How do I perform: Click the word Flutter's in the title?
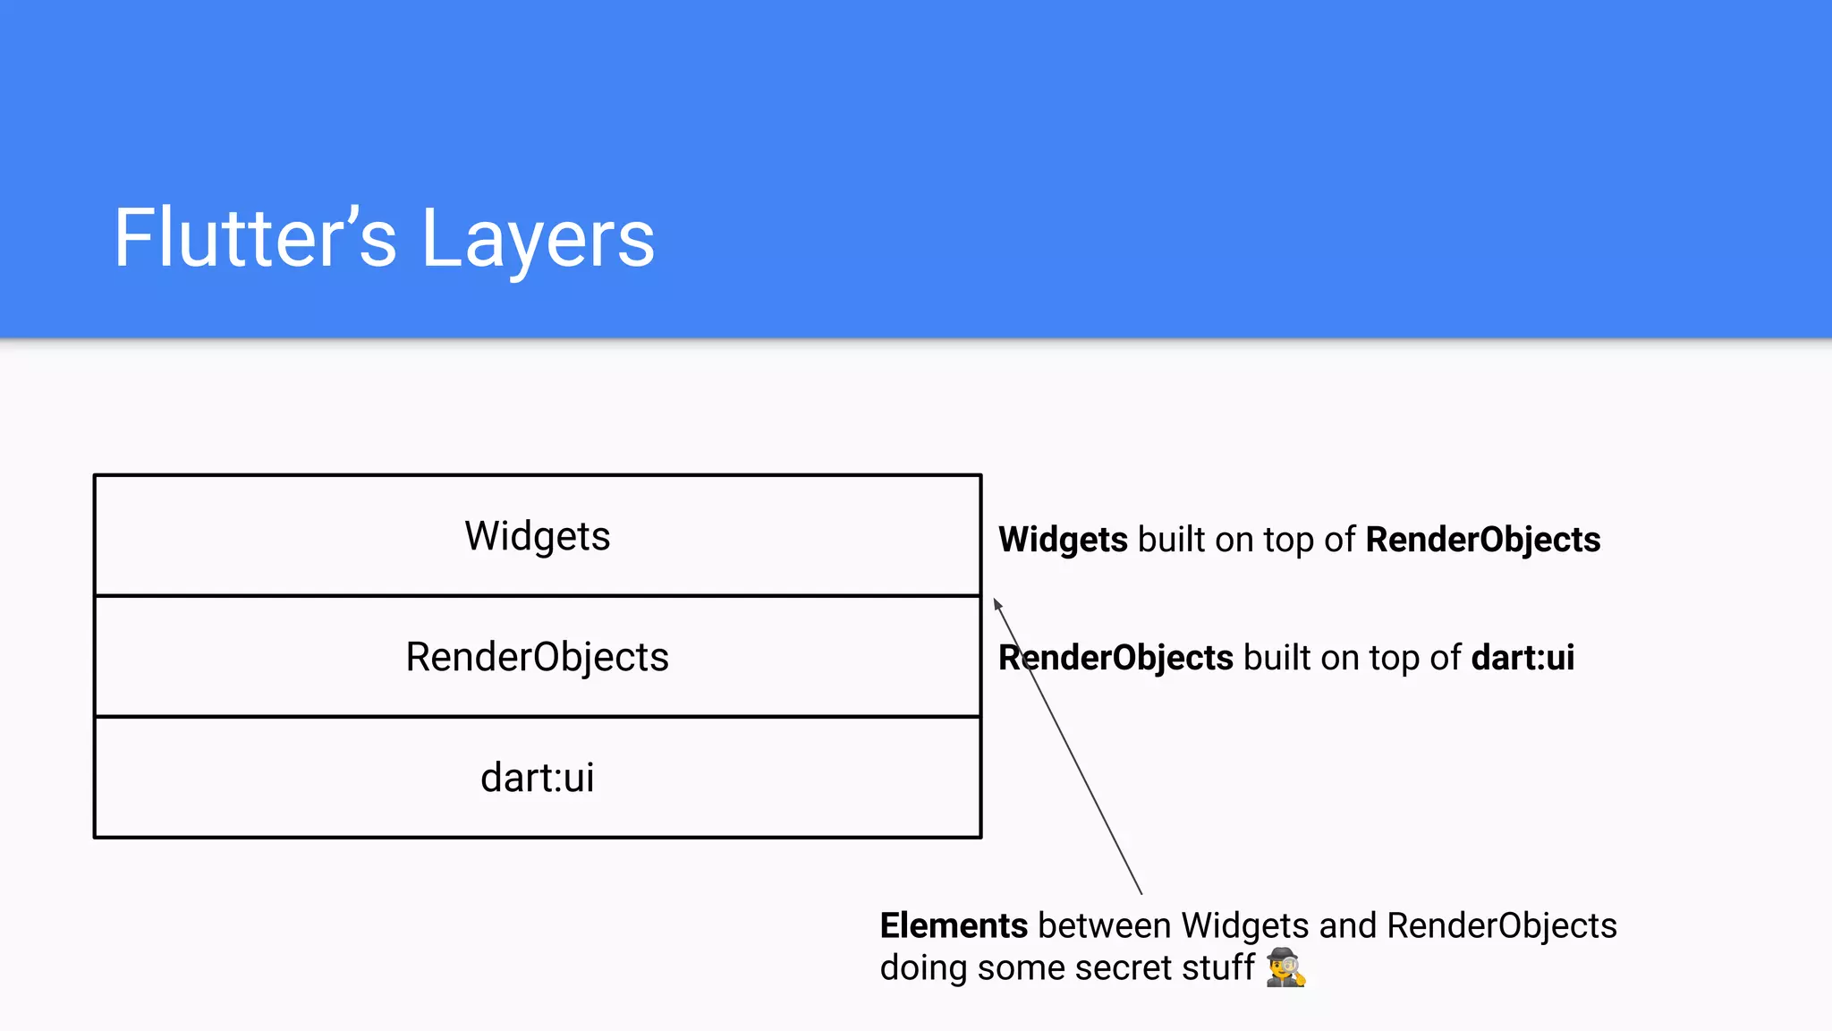255,238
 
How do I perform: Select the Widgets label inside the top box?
537,536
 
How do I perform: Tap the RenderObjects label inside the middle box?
537,657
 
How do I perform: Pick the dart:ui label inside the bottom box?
537,777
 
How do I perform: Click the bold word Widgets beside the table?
1063,540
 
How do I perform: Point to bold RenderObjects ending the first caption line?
1483,540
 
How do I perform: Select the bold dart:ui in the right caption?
1522,658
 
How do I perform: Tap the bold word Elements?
954,925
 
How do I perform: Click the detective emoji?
1285,967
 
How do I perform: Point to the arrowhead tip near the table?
996,601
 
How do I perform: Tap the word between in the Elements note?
1104,925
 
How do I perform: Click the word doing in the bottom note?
923,967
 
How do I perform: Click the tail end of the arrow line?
1141,891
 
